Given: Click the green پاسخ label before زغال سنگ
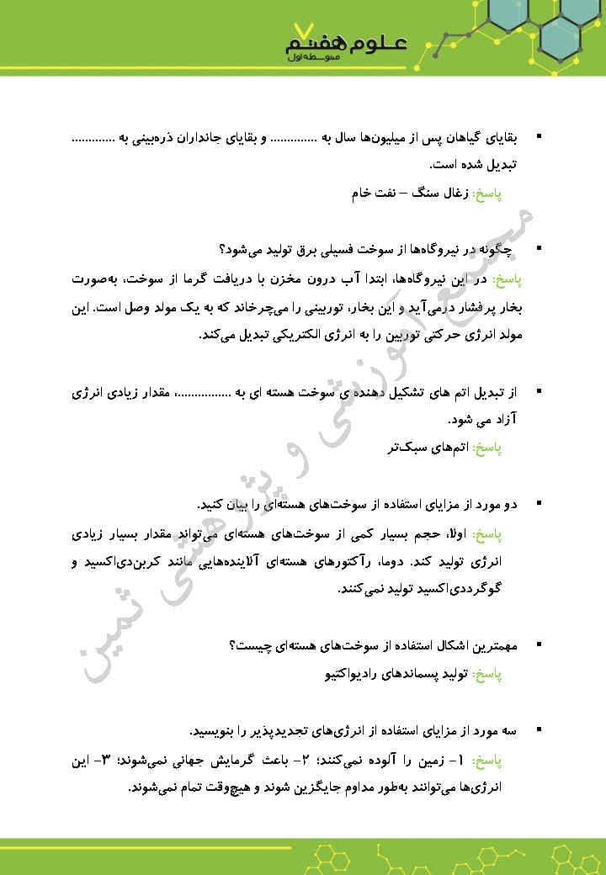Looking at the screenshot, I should click(486, 194).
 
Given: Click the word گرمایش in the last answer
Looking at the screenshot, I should click(242, 761).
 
